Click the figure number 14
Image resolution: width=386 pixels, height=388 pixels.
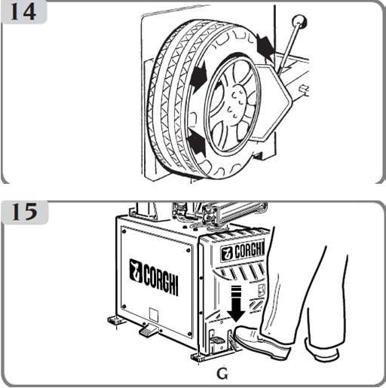click(x=23, y=12)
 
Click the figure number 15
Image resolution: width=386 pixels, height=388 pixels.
click(x=25, y=212)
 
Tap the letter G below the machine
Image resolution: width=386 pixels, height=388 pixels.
click(x=222, y=374)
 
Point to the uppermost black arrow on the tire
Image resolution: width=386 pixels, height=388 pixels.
click(x=265, y=47)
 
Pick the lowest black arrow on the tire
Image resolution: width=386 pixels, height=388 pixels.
click(x=198, y=142)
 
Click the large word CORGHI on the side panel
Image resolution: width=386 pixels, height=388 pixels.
click(x=161, y=280)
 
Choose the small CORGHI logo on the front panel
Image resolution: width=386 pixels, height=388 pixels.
click(x=242, y=252)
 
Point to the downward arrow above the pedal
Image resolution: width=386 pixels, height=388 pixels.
click(x=236, y=304)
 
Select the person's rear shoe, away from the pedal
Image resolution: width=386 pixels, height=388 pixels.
click(x=323, y=350)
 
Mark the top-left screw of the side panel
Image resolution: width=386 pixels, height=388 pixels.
click(x=124, y=231)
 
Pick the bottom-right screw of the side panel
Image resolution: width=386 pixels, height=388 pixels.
click(x=190, y=334)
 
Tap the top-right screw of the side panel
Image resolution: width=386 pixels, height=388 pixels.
click(x=188, y=251)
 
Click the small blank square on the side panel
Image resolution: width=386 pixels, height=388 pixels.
click(x=154, y=314)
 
